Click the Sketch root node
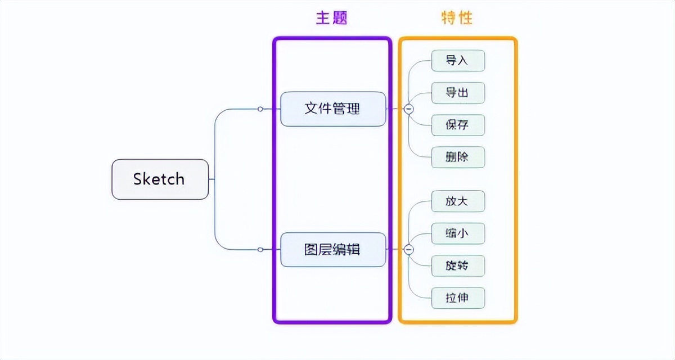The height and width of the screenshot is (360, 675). pyautogui.click(x=160, y=179)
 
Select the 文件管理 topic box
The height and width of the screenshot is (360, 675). pyautogui.click(x=333, y=109)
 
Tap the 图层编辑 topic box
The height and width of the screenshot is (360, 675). pyautogui.click(x=333, y=249)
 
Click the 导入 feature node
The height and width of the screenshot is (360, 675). pyautogui.click(x=457, y=61)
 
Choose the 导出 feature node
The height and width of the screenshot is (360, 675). pyautogui.click(x=457, y=93)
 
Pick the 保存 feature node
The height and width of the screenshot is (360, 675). pyautogui.click(x=457, y=125)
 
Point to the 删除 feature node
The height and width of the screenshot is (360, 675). pyautogui.click(x=457, y=157)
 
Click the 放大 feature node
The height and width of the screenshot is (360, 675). pyautogui.click(x=457, y=201)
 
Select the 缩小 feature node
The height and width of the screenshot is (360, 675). pyautogui.click(x=457, y=233)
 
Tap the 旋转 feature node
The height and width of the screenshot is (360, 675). pyautogui.click(x=457, y=265)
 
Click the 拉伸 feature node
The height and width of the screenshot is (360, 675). pyautogui.click(x=457, y=298)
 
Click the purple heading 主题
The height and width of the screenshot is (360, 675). pyautogui.click(x=332, y=17)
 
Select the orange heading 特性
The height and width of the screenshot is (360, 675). pyautogui.click(x=457, y=17)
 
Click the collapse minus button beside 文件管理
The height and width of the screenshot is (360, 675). pyautogui.click(x=409, y=109)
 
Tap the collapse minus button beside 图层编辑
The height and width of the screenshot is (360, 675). pyautogui.click(x=409, y=250)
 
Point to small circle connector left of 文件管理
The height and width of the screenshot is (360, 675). pyautogui.click(x=260, y=109)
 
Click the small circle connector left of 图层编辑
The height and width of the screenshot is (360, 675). pyautogui.click(x=260, y=249)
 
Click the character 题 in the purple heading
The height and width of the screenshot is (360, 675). pyautogui.click(x=340, y=17)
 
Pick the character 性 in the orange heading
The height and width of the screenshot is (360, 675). pyautogui.click(x=465, y=17)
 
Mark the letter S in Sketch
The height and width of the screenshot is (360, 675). pyautogui.click(x=138, y=179)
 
